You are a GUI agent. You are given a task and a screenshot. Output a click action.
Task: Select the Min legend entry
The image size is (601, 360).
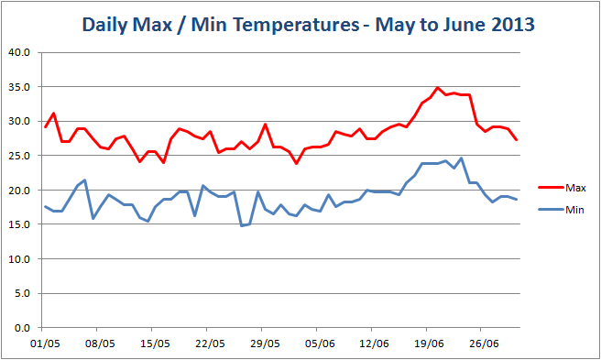[574, 210]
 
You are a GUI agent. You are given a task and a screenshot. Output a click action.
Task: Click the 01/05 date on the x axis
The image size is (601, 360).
[46, 344]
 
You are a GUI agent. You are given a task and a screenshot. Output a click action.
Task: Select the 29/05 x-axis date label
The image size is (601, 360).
[264, 344]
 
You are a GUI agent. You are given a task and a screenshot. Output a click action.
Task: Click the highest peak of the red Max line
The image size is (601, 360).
[437, 88]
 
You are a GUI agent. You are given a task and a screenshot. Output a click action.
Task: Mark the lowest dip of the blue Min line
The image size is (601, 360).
[241, 225]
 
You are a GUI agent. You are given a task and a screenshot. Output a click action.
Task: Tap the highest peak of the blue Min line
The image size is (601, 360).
[461, 158]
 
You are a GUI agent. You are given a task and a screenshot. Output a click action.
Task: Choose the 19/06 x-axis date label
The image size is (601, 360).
[428, 344]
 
